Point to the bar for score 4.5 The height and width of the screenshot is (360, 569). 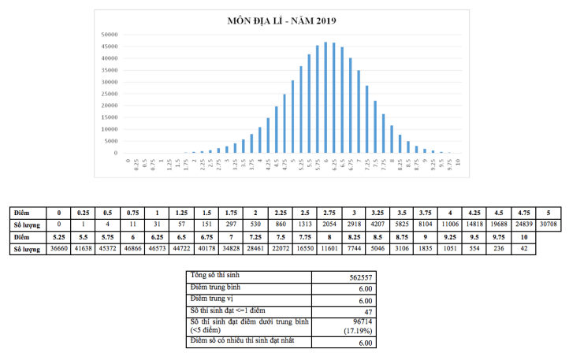tap(276, 130)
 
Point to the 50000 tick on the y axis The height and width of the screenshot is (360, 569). tap(109, 35)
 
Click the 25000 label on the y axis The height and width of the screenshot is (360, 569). tap(109, 94)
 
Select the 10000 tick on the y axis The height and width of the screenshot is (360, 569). tap(109, 129)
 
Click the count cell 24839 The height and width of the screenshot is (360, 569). tap(520, 224)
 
